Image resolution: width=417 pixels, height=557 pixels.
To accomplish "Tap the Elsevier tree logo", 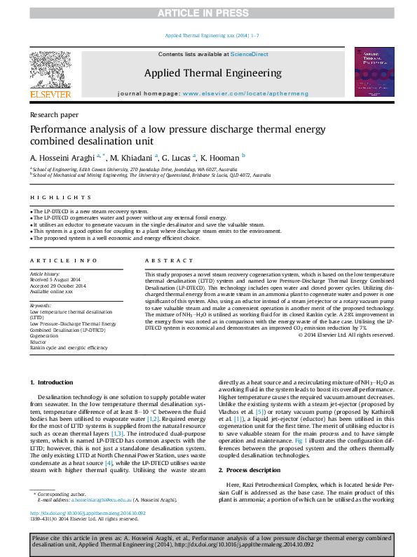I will coord(50,70).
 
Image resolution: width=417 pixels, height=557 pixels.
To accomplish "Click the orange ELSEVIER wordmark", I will coord(50,94).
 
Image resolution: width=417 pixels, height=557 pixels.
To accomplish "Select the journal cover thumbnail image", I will coord(374,73).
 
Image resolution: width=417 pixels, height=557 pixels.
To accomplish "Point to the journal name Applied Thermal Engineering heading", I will coord(212,72).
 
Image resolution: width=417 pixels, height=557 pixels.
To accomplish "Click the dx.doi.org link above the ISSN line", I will coord(87,513).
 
